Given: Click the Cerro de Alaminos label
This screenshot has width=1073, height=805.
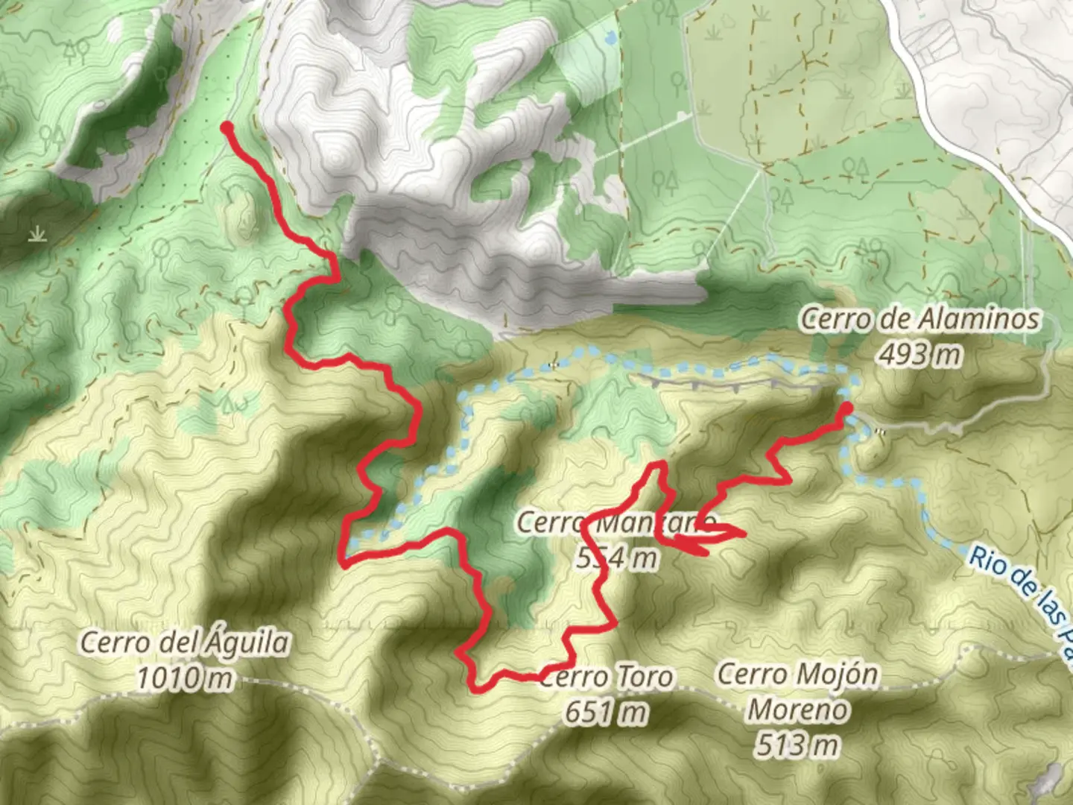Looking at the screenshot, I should click(920, 319).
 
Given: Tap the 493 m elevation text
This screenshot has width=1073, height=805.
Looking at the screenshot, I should click(920, 355).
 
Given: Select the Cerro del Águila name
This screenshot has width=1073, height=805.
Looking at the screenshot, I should click(184, 642).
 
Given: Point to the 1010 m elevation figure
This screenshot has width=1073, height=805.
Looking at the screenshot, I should click(184, 678).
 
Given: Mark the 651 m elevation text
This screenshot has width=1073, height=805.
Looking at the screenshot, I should click(605, 713).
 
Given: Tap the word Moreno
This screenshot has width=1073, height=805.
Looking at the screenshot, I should click(797, 709).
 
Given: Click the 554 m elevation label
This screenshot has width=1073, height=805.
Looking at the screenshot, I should click(617, 557).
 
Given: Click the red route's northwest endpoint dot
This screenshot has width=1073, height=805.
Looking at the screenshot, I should click(227, 128).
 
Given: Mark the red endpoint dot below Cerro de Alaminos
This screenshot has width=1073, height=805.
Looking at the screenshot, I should click(846, 408).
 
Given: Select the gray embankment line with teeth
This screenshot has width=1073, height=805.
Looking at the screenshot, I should click(730, 382).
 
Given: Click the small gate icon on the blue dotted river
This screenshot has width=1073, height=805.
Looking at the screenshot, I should click(552, 365).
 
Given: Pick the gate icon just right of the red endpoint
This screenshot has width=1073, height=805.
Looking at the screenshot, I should click(882, 431).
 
